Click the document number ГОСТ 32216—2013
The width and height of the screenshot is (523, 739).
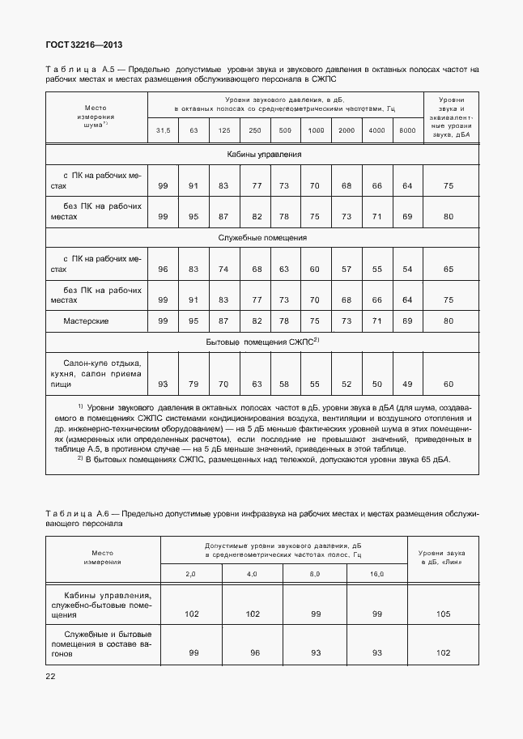[78, 45]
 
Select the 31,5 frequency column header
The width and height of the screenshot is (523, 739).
[163, 130]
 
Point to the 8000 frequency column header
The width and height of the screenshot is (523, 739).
[407, 130]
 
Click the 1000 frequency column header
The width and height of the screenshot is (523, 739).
[316, 130]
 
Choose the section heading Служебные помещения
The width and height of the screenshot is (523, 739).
[261, 238]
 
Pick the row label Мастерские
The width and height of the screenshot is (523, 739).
[86, 321]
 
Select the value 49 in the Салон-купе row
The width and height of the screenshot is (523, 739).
[407, 384]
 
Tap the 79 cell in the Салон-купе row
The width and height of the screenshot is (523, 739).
[193, 384]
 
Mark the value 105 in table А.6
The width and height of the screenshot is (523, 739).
[443, 614]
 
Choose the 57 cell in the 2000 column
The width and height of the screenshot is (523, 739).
[347, 269]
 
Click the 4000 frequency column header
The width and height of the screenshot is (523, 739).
[377, 130]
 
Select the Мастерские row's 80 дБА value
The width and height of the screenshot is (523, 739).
[449, 321]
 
